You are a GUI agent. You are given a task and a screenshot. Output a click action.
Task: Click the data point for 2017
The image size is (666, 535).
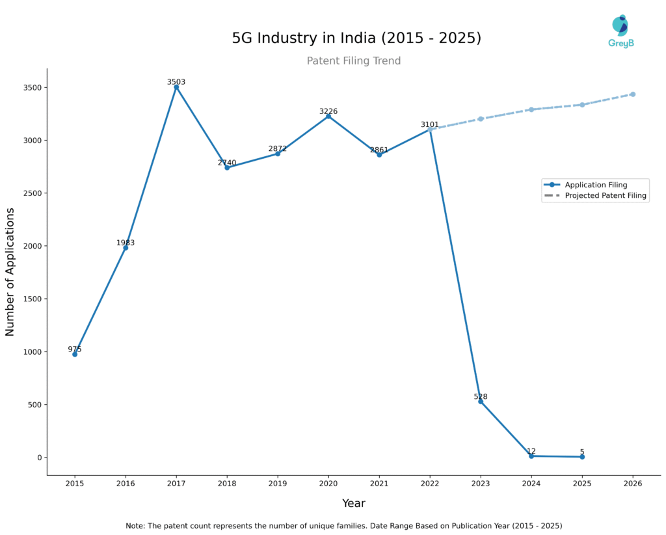pyautogui.click(x=176, y=87)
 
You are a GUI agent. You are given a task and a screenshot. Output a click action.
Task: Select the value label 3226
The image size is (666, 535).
pyautogui.click(x=328, y=111)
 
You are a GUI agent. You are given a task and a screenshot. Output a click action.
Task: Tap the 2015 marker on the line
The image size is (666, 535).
pyautogui.click(x=75, y=354)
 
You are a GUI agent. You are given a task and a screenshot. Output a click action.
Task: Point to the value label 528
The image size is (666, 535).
pyautogui.click(x=481, y=396)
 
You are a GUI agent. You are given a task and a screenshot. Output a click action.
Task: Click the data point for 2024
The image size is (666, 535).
pyautogui.click(x=531, y=456)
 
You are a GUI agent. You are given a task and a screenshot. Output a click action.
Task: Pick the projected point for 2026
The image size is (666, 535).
pyautogui.click(x=632, y=94)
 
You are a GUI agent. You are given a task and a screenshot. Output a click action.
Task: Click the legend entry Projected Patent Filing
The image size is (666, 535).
pyautogui.click(x=606, y=195)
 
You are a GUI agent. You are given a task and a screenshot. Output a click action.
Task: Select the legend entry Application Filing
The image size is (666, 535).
pyautogui.click(x=596, y=185)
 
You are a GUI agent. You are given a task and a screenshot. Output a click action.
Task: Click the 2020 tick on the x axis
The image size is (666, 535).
pyautogui.click(x=328, y=484)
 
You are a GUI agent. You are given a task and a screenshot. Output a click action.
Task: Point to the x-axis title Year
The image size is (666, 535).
pyautogui.click(x=354, y=503)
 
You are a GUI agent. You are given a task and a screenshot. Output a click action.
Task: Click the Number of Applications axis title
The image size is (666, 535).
pyautogui.click(x=10, y=271)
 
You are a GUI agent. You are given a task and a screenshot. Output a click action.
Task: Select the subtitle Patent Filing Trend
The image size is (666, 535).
pyautogui.click(x=354, y=61)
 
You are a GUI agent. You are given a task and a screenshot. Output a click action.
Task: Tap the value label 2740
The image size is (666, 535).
pyautogui.click(x=227, y=163)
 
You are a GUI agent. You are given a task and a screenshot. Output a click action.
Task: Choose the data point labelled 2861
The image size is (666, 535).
pyautogui.click(x=379, y=154)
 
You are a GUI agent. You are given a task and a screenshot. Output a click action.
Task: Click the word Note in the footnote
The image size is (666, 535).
pyautogui.click(x=135, y=525)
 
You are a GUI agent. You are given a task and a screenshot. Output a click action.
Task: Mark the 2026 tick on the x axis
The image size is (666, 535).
pyautogui.click(x=632, y=484)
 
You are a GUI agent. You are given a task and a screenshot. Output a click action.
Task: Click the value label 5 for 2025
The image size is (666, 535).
pyautogui.click(x=582, y=452)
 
